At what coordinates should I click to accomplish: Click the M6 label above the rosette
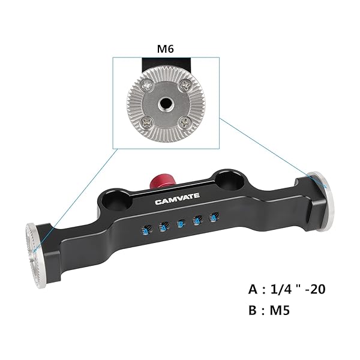(166, 49)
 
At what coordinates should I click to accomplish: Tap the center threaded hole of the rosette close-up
(166, 104)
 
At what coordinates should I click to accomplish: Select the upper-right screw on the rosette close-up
(185, 86)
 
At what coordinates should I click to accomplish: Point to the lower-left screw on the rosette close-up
(146, 122)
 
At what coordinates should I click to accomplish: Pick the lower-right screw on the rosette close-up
(184, 122)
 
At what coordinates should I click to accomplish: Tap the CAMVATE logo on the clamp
(177, 199)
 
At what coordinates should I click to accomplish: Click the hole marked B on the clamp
(181, 224)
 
